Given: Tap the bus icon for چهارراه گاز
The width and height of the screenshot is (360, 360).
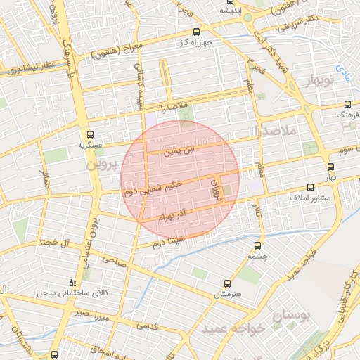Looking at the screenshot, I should tap(195, 32).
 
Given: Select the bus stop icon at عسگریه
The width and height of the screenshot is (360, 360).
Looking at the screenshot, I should tap(89, 134).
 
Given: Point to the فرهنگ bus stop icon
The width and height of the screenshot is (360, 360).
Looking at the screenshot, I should tap(348, 102).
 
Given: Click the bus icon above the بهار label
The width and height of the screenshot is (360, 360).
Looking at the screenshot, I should tap(331, 167).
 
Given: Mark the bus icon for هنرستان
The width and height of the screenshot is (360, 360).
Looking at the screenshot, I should tap(226, 283).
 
